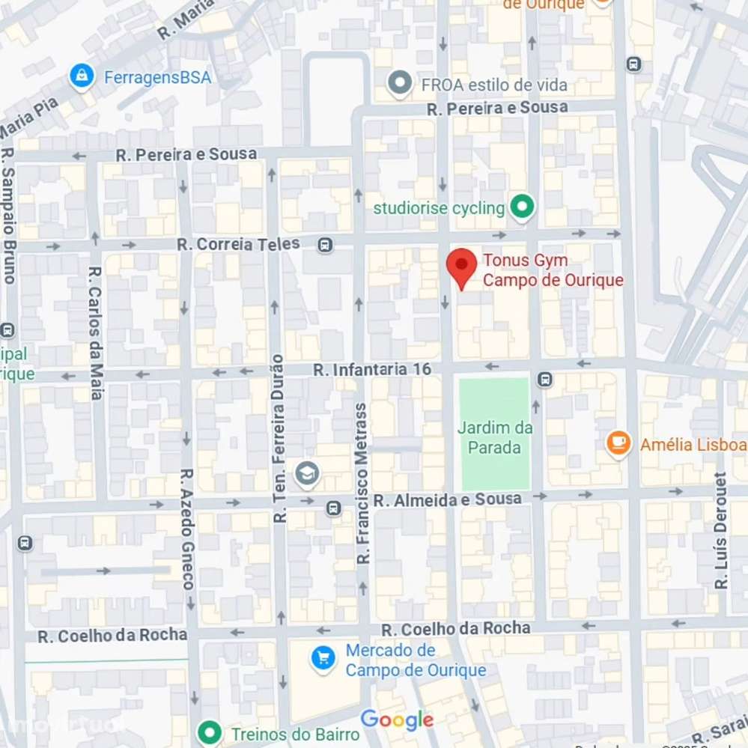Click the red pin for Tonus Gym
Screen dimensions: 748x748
(x=461, y=267)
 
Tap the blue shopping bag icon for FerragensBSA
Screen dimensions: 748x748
(x=81, y=76)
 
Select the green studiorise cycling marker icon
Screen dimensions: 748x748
(x=522, y=207)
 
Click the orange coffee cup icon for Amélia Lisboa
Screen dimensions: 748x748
(x=618, y=444)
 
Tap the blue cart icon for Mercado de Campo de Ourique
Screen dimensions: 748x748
(x=323, y=659)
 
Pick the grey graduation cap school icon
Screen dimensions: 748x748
(x=307, y=472)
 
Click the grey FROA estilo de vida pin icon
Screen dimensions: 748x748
(x=401, y=84)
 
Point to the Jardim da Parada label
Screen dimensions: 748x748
(x=495, y=438)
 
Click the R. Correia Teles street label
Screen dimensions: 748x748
(x=238, y=244)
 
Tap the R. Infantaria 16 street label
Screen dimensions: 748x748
(x=372, y=369)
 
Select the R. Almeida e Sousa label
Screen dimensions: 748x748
(x=447, y=499)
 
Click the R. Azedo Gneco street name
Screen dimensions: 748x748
(x=187, y=529)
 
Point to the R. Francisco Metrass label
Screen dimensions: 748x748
(x=363, y=484)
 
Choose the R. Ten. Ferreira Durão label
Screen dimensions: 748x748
(x=279, y=438)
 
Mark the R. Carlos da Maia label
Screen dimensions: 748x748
(x=95, y=332)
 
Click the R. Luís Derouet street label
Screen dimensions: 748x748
(x=721, y=530)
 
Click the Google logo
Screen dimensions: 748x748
(x=397, y=720)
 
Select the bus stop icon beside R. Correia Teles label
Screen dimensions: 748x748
(x=325, y=245)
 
